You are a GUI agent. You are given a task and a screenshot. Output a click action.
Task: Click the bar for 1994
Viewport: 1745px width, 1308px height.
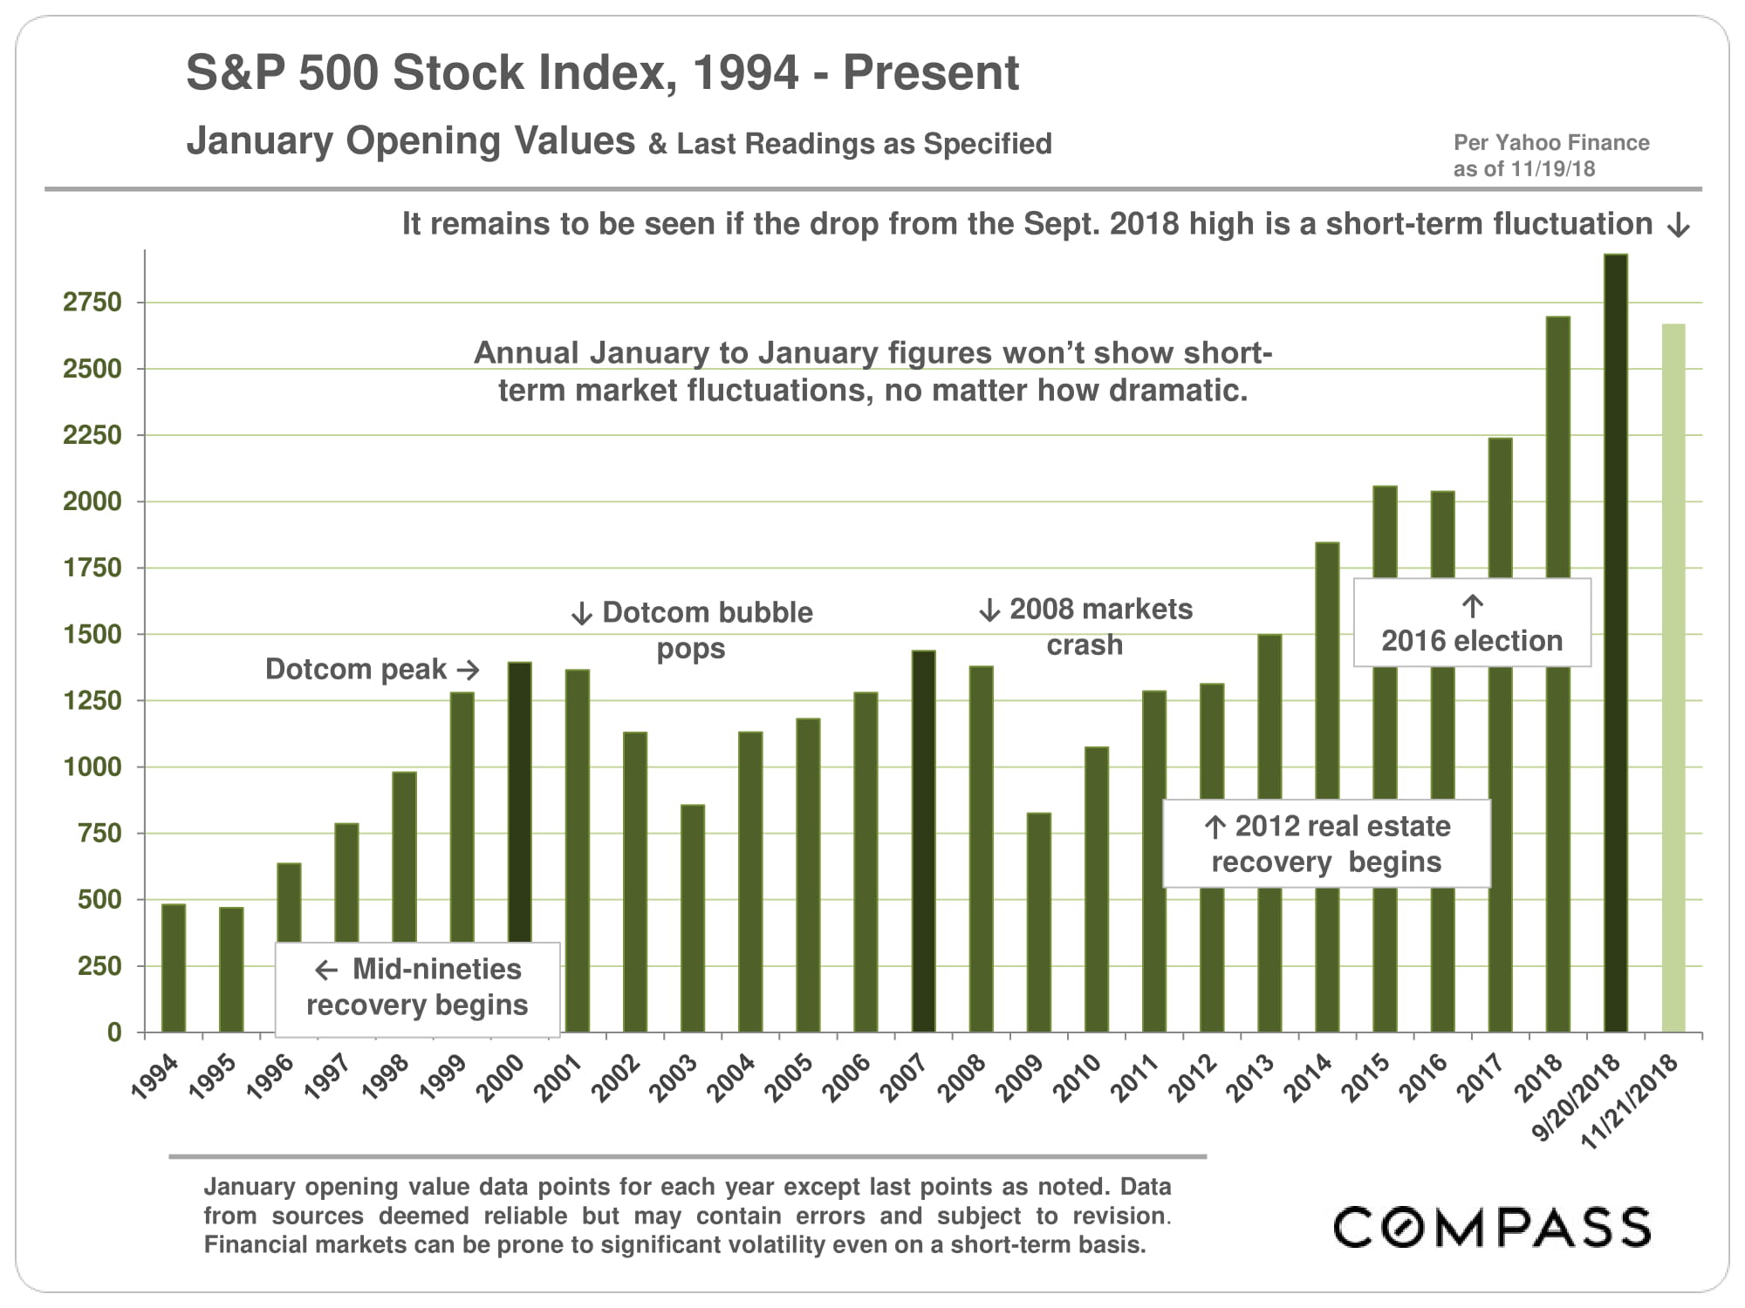[174, 968]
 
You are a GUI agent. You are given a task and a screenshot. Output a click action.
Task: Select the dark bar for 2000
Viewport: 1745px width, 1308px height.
[520, 802]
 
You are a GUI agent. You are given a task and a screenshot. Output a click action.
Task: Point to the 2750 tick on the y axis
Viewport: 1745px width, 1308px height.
[92, 303]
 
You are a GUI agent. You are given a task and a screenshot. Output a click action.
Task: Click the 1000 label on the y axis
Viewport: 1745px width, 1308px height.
[92, 767]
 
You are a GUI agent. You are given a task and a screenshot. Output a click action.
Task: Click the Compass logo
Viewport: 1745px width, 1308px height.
[1491, 1227]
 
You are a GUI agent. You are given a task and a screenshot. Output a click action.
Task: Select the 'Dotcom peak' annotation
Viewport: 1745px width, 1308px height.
[356, 669]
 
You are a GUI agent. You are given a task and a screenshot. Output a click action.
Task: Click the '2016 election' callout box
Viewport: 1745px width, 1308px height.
[1472, 623]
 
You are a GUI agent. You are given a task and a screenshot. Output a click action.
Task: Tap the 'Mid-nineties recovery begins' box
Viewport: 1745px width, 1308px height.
[417, 988]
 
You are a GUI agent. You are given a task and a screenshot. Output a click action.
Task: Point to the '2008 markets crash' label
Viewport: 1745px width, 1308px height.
[1086, 626]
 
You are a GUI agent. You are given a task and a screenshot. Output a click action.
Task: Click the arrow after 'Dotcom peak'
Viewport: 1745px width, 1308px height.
[469, 670]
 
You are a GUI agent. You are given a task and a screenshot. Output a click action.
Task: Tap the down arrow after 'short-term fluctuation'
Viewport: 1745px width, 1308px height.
[1678, 227]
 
